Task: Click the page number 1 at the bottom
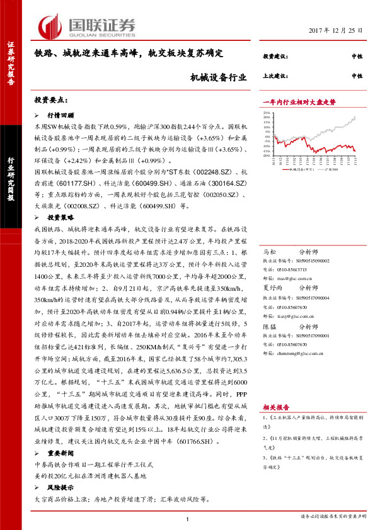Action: [x=188, y=518]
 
